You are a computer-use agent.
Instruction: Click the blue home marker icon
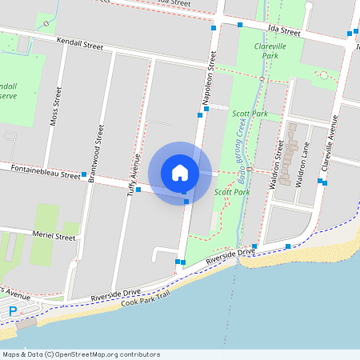point(180,173)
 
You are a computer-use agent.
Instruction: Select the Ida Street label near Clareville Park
point(285,32)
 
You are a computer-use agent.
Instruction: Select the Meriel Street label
point(54,236)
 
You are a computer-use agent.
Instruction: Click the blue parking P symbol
point(13,310)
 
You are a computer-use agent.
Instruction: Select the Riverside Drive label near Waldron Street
point(230,256)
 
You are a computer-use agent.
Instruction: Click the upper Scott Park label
point(250,114)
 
